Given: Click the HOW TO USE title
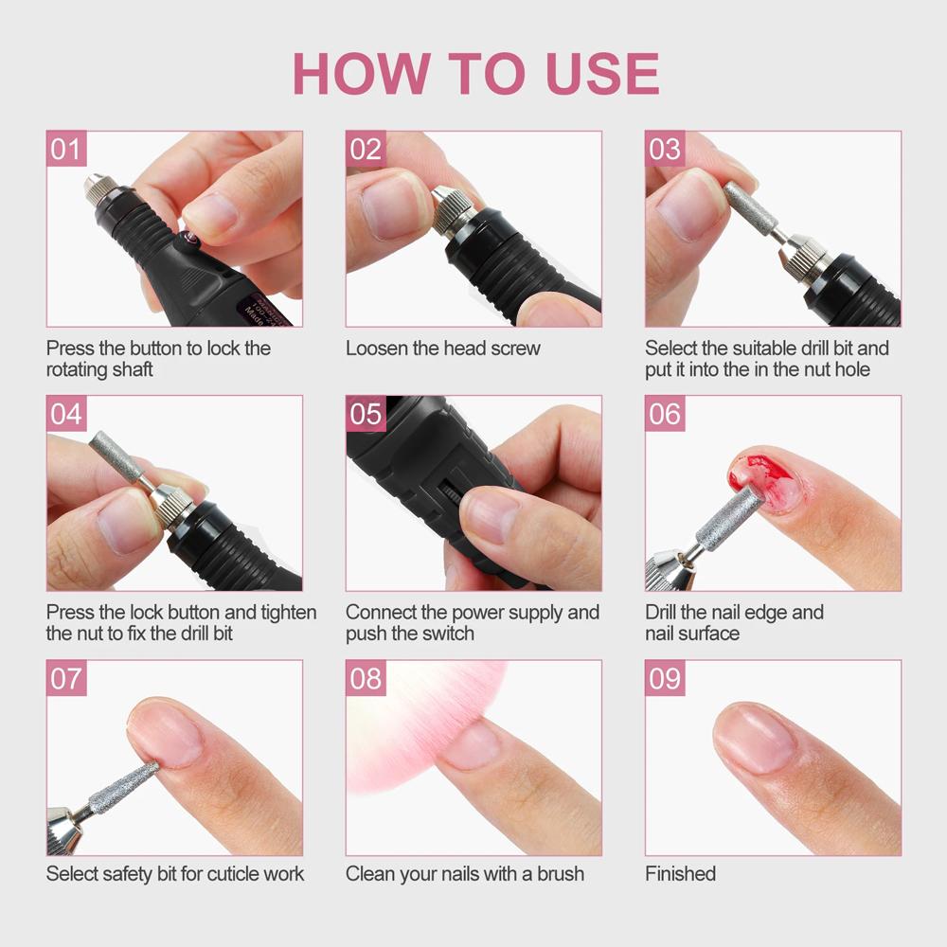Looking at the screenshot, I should [475, 73].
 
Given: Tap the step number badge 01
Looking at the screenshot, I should [66, 150].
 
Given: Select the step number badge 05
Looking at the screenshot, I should [366, 414].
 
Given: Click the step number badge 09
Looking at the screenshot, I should [665, 678].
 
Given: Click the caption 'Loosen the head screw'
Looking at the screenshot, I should [442, 348].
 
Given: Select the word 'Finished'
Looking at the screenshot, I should [680, 873].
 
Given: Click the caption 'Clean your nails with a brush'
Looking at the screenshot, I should [464, 873].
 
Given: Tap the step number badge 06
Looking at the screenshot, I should [665, 414].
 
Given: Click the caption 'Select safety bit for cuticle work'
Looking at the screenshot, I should [175, 873].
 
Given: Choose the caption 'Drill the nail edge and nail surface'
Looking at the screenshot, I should [734, 622].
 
